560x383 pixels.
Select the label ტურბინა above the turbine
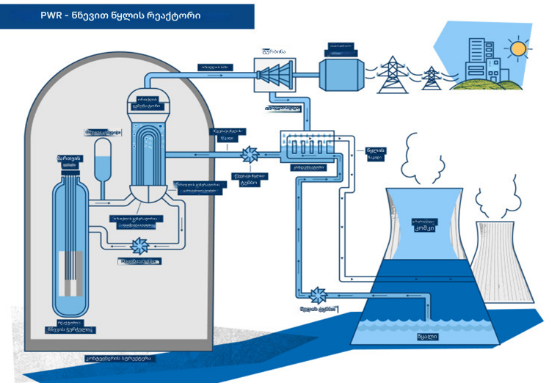coord(274,50)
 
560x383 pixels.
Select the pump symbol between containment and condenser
coord(250,154)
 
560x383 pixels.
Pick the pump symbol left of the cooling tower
coord(319,295)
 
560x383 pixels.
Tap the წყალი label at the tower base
coord(427,337)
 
